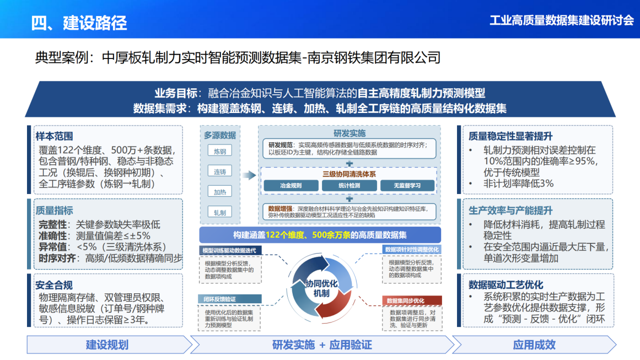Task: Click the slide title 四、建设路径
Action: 79,23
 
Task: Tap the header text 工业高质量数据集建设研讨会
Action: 561,21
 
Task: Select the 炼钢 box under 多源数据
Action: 220,151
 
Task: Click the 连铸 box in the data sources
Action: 220,171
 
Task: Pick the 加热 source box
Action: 220,192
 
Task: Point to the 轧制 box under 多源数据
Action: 220,212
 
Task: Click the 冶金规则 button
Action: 291,186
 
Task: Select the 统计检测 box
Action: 349,186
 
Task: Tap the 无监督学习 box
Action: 407,186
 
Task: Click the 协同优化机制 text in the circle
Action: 321,288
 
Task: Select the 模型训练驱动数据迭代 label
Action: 229,250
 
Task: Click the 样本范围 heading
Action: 55,136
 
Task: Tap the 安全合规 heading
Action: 55,285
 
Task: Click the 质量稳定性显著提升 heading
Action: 510,136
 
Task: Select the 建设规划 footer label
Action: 107,345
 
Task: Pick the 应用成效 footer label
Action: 534,345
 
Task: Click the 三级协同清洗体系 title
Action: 349,174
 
